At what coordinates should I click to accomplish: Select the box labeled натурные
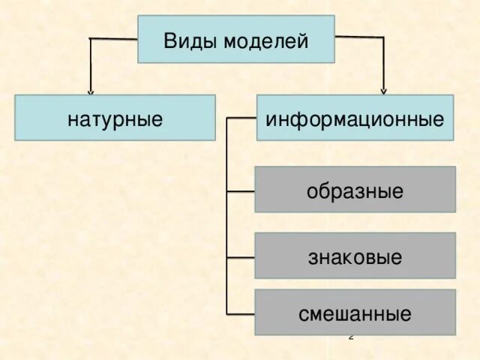115,118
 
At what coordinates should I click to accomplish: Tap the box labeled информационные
355,118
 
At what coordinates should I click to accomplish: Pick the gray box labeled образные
355,190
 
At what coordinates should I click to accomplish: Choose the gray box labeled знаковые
355,256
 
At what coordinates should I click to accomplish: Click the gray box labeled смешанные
355,312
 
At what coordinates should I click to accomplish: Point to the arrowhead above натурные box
90,91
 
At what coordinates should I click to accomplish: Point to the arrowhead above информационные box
383,90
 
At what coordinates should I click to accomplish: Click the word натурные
115,118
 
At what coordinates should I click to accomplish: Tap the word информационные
355,118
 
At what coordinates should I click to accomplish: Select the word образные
355,190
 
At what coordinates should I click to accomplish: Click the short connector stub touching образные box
241,192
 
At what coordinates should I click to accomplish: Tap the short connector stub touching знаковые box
241,257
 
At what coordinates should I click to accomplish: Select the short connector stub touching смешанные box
241,313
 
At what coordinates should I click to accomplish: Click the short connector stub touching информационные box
241,118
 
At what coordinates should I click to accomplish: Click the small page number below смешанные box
350,337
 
